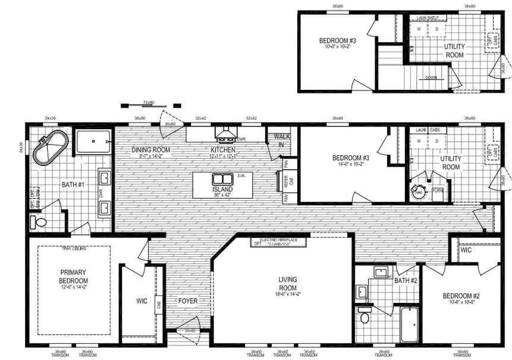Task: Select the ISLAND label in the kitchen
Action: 222,189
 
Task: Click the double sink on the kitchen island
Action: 222,179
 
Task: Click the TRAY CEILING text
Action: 73,249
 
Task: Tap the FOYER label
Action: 188,301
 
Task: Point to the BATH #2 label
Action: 406,280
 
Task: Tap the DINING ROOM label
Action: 150,149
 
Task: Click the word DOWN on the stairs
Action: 431,78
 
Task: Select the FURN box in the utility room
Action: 437,191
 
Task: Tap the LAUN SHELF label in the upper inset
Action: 427,18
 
